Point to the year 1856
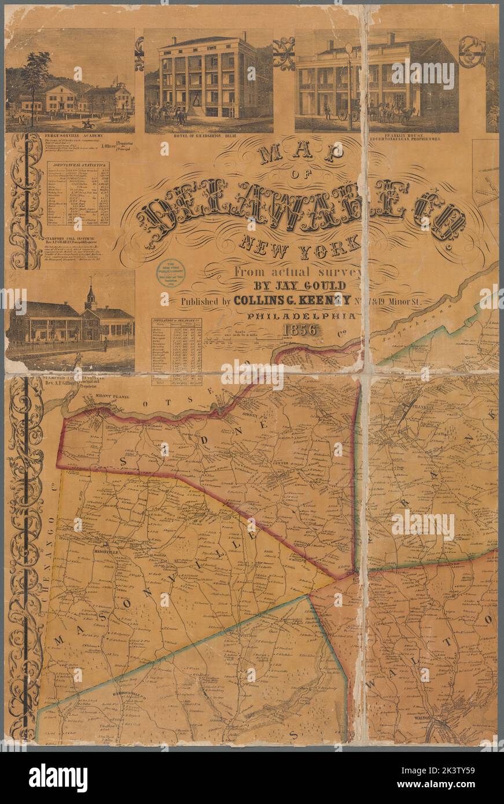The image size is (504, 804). coord(300,330)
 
